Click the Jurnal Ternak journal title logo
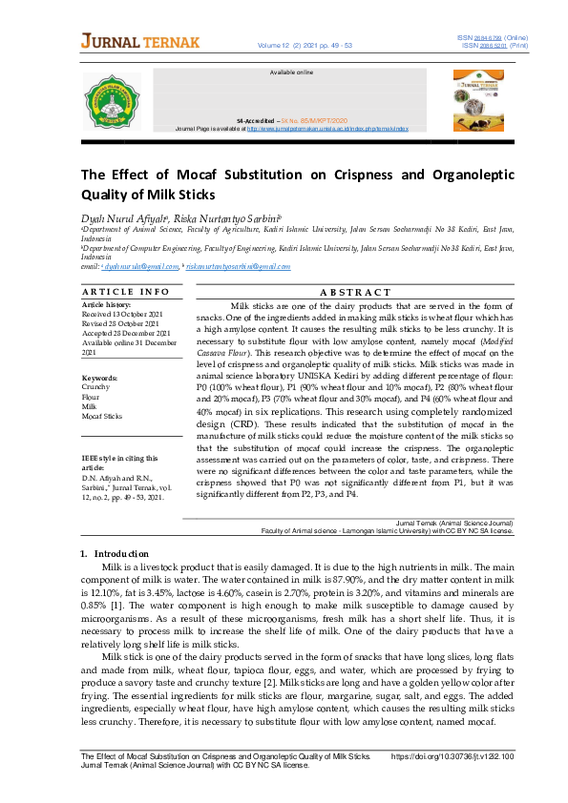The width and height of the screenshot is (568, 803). click(x=140, y=42)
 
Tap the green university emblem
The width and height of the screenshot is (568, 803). click(x=113, y=101)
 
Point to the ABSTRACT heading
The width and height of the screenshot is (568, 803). click(x=351, y=292)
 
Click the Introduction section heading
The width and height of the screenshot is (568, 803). click(x=116, y=553)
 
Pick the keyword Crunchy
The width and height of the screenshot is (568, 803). click(x=96, y=387)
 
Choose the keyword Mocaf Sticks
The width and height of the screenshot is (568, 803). click(x=102, y=416)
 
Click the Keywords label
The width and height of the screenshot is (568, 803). click(x=99, y=378)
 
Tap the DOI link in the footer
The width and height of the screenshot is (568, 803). click(x=452, y=755)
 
